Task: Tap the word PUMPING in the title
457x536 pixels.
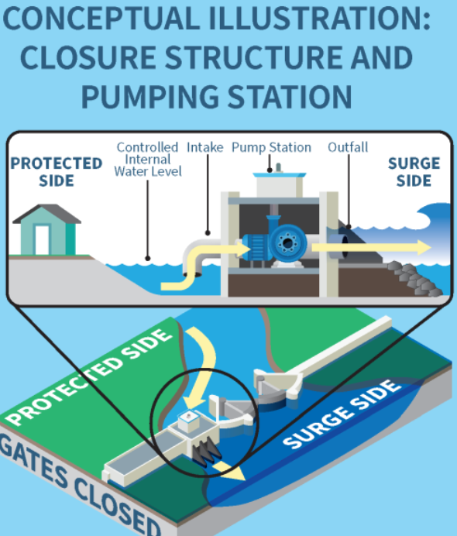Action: [x=149, y=97]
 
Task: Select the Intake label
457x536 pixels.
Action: [x=204, y=147]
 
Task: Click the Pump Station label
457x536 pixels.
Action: [x=271, y=147]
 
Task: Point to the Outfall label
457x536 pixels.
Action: [x=348, y=147]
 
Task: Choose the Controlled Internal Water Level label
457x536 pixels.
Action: [x=148, y=160]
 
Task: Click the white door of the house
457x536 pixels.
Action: [x=42, y=239]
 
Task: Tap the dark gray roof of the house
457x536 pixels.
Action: [x=46, y=213]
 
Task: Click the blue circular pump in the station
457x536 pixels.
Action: [x=288, y=243]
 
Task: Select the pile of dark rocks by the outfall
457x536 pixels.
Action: [x=414, y=277]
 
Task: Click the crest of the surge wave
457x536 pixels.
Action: [x=430, y=213]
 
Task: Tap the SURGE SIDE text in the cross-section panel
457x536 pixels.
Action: [x=414, y=172]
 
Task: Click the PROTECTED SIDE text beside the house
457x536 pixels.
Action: [x=57, y=172]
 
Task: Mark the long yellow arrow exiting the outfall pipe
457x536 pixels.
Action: [x=371, y=247]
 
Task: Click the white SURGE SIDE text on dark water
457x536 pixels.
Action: [x=342, y=414]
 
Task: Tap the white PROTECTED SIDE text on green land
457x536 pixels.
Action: [x=88, y=377]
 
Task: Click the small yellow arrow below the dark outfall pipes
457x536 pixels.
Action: [x=230, y=471]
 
